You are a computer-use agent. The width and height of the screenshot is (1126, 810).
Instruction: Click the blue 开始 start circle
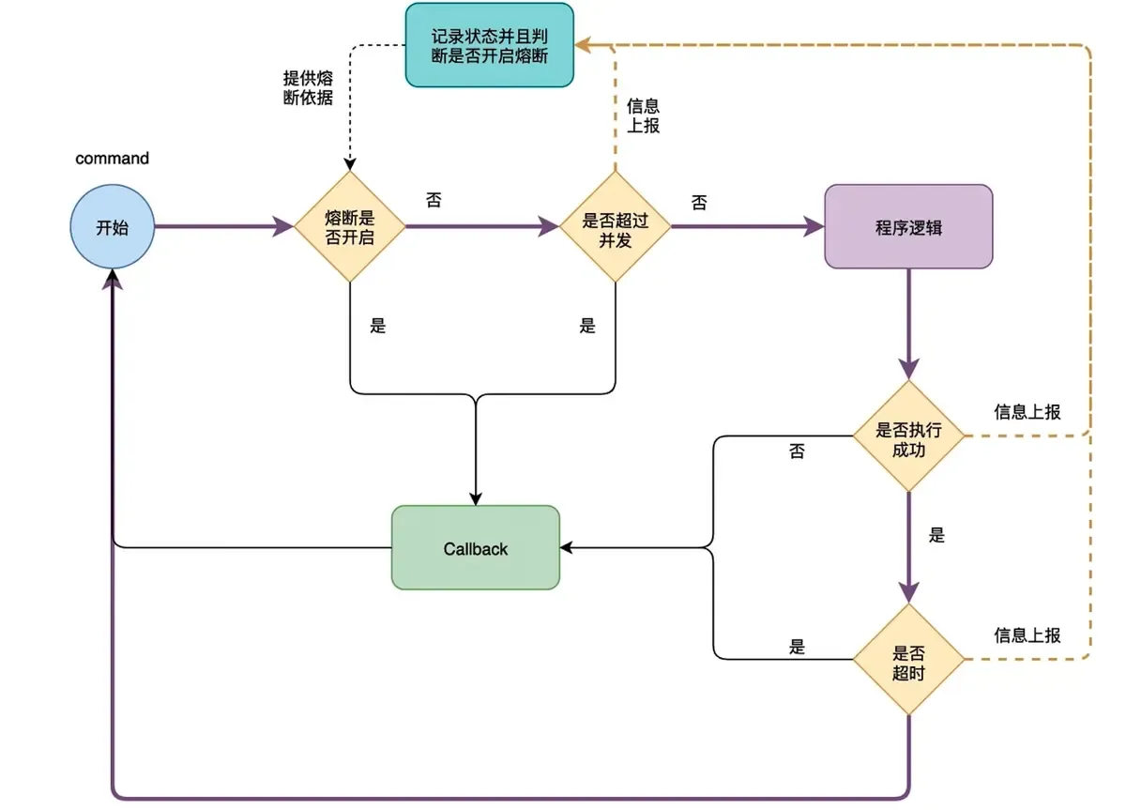[113, 226]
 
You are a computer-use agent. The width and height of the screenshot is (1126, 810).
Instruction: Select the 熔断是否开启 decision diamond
[350, 226]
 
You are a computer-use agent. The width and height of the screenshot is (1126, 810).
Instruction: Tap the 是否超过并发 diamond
[616, 226]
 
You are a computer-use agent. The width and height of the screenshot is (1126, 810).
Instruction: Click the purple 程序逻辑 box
[908, 226]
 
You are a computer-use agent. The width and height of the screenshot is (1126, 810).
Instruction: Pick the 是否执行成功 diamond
[908, 436]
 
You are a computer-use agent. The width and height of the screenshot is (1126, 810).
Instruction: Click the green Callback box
[476, 548]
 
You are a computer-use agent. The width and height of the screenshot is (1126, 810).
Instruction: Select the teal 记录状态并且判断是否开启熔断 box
[489, 45]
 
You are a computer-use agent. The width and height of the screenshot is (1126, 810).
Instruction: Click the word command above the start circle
[112, 158]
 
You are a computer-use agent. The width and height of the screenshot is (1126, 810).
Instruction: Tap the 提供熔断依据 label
[308, 87]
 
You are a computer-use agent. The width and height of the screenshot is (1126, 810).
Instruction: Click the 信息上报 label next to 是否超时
[1027, 635]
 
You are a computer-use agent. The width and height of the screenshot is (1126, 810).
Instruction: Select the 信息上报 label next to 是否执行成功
[1027, 412]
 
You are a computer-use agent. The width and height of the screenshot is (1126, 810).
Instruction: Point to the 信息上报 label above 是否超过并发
[644, 115]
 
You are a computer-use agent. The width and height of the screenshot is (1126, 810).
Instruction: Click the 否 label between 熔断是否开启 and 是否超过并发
[434, 201]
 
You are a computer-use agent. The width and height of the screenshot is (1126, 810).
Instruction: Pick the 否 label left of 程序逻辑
[699, 203]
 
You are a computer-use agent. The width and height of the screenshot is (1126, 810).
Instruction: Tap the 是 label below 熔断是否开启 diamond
[377, 327]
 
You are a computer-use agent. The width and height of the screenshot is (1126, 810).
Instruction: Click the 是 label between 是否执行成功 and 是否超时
[936, 536]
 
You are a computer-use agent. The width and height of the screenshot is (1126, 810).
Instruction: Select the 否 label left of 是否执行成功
[797, 452]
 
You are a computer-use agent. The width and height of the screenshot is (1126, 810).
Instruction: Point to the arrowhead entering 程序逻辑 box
[814, 226]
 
